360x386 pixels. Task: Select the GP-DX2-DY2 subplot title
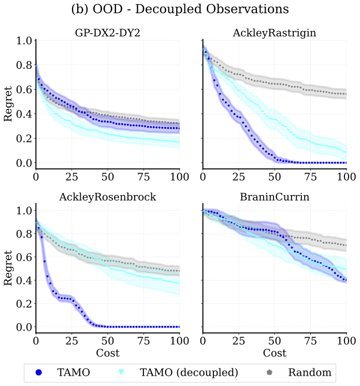107,33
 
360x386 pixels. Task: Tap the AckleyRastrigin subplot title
275,33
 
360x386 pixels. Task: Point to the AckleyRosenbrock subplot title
107,197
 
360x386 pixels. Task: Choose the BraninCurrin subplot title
275,197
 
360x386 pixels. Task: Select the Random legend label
310,372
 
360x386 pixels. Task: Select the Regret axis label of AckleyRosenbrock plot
8,269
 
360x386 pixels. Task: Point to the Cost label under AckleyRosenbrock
107,353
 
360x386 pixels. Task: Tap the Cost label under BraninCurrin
275,353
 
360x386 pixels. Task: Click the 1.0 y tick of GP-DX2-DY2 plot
24,41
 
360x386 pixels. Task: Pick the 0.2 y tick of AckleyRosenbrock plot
24,304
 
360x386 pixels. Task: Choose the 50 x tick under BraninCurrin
275,342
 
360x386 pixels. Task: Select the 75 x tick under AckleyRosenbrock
143,342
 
